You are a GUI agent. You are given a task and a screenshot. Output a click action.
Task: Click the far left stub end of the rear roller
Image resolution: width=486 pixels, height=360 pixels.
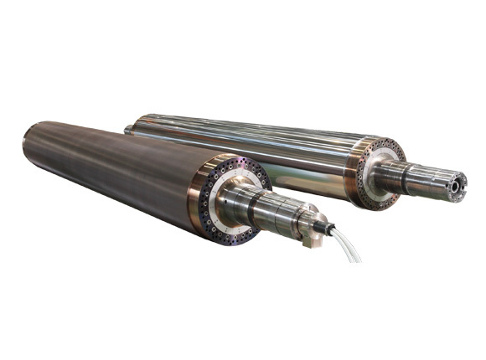[128, 129]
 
